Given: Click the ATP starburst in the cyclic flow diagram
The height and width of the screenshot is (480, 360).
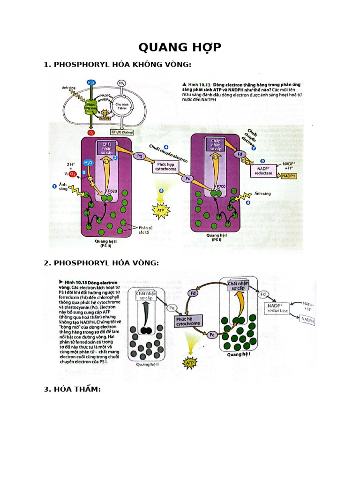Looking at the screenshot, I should tap(190, 363).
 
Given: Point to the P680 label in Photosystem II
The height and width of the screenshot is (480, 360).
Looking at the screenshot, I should tap(112, 191).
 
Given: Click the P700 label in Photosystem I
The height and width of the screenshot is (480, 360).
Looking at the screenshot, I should tap(221, 186).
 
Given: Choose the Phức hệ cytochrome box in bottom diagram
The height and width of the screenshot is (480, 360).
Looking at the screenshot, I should tap(187, 321).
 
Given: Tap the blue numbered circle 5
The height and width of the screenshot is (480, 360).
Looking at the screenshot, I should tap(161, 191).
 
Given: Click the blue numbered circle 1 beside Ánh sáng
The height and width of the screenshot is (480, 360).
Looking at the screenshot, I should tap(54, 186).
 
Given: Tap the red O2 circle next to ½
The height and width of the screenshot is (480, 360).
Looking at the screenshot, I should tap(73, 174).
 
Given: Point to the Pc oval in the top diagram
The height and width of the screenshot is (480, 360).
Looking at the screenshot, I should tap(187, 179).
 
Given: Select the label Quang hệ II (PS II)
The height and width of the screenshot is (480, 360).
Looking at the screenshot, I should tap(105, 244).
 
